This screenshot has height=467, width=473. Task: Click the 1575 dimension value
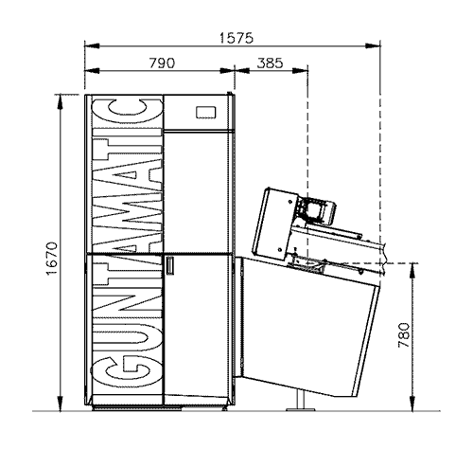[x=236, y=38]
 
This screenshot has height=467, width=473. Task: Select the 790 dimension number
[x=162, y=63]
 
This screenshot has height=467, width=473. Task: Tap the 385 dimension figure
[x=270, y=63]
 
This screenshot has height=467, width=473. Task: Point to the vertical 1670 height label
[x=52, y=259]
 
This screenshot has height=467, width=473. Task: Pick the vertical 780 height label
[x=404, y=335]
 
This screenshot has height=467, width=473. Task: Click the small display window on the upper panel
[x=205, y=113]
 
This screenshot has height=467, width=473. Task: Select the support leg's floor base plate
[x=300, y=409]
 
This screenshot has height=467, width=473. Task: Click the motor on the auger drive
[x=317, y=209]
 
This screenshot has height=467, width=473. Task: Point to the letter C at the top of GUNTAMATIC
[x=128, y=112]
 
